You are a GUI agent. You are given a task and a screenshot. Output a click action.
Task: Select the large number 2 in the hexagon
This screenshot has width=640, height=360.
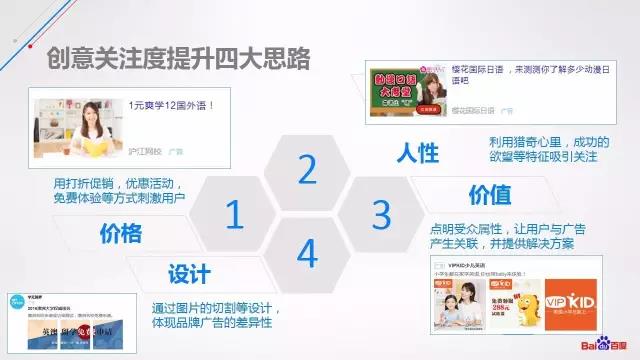(x=307, y=171)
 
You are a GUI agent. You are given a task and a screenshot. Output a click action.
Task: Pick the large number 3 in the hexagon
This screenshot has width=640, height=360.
(x=380, y=213)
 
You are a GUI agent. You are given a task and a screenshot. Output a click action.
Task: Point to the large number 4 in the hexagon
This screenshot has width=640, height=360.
(x=307, y=255)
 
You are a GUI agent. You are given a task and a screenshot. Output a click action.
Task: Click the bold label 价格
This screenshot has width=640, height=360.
(x=122, y=234)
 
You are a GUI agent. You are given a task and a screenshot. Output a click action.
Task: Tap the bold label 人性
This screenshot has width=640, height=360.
(x=417, y=153)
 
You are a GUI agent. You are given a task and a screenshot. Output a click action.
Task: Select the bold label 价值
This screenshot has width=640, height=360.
(x=490, y=193)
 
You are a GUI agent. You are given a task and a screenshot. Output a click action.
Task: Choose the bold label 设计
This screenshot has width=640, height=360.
(x=188, y=273)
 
